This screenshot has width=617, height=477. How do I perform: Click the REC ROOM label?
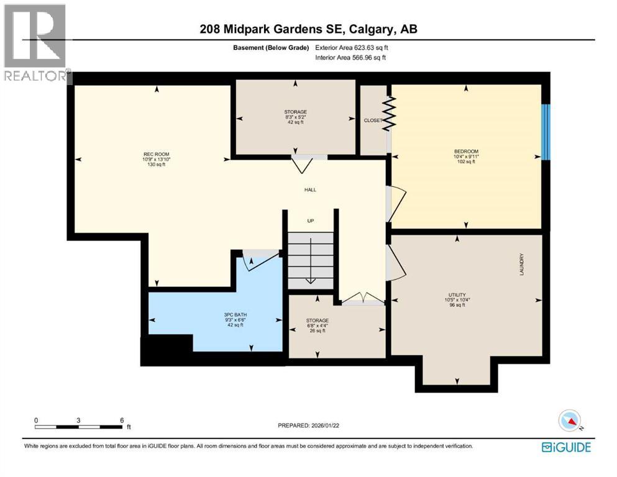156,154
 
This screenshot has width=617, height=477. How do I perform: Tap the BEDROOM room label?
465,151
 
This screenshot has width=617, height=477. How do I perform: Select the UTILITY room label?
457,294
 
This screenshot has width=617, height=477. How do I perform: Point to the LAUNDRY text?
523,265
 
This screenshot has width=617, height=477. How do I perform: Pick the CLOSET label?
373,120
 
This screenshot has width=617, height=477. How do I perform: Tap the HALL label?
309,189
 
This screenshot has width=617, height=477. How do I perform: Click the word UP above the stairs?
312,220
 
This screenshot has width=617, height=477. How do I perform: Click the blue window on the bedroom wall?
545,132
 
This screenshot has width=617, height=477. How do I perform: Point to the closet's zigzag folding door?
388,113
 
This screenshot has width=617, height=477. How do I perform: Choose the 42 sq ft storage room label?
295,112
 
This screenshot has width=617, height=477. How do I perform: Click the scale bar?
79,426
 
